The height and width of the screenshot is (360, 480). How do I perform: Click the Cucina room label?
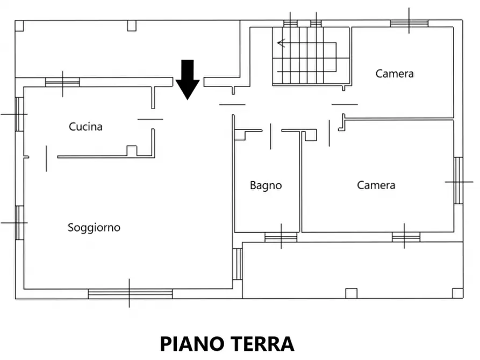85,127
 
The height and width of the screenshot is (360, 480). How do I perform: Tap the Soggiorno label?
94,227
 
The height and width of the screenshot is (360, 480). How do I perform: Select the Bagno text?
266,185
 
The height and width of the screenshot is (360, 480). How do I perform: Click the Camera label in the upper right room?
395,74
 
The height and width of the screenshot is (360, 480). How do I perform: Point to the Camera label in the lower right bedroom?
376,185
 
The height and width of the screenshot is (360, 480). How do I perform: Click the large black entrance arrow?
188,80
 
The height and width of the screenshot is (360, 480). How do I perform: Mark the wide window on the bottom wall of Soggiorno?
130,293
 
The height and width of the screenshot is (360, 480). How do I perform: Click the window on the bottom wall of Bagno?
281,237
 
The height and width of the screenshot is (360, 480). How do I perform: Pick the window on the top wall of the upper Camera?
409,23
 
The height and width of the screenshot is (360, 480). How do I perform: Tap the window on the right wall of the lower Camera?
458,181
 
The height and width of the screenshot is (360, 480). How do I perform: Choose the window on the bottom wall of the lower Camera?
406,236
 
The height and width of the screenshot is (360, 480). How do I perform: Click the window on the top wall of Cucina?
62,82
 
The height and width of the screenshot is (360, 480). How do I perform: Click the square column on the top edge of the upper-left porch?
132,25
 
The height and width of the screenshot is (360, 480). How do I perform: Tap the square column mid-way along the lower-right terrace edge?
351,293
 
